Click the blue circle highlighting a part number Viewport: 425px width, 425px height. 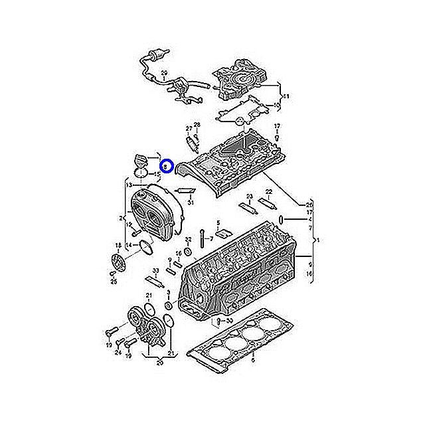[x=167, y=166]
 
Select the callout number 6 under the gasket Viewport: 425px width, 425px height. [x=252, y=361]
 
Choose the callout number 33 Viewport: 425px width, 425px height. [x=155, y=270]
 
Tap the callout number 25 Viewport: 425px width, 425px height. [x=114, y=282]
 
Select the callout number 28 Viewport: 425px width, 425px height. [x=197, y=125]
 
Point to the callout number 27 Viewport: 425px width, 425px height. [x=189, y=128]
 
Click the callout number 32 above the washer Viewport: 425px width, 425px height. [x=188, y=239]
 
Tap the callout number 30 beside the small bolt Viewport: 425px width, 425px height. [x=229, y=321]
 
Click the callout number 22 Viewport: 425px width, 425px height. [x=269, y=191]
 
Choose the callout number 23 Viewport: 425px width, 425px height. [x=248, y=196]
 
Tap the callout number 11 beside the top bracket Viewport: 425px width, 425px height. [x=286, y=97]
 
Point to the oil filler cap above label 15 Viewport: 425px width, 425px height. [x=143, y=160]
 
